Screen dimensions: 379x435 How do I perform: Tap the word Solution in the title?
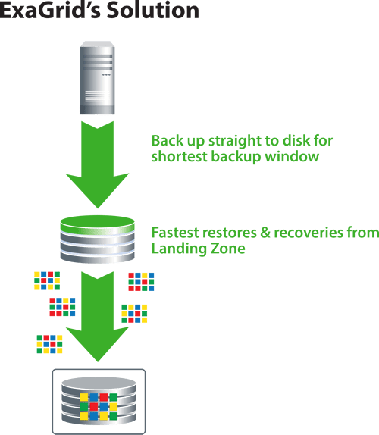(x=153, y=11)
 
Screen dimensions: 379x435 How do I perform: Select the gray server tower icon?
(x=97, y=77)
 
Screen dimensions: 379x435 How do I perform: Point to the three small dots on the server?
(x=107, y=74)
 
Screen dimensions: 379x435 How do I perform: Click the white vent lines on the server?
(x=97, y=96)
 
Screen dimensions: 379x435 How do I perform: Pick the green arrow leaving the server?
(x=97, y=164)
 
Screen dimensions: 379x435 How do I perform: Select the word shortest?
(x=180, y=156)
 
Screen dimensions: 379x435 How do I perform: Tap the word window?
(x=292, y=156)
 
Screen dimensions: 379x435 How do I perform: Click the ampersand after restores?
(x=265, y=233)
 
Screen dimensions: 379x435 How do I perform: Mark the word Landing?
(x=179, y=249)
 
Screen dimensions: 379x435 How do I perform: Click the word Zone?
(x=228, y=249)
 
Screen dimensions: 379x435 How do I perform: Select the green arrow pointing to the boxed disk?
(x=97, y=316)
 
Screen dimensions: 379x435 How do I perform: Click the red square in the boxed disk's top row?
(x=104, y=397)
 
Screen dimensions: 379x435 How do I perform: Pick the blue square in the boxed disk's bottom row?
(x=94, y=416)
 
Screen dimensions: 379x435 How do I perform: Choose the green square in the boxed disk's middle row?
(x=84, y=407)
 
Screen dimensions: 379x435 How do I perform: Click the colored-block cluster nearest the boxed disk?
(x=50, y=344)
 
